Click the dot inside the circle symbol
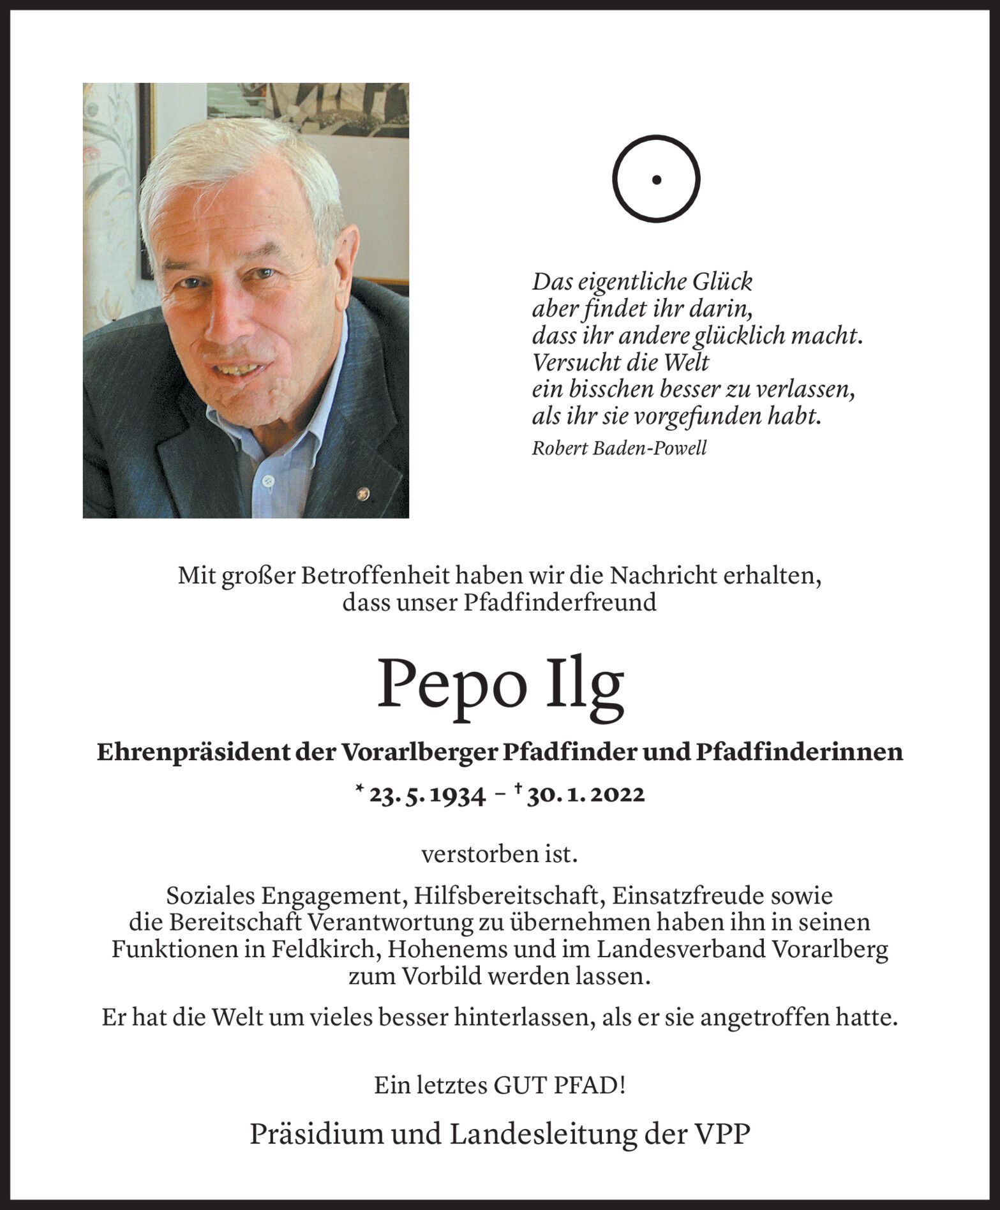[x=656, y=180]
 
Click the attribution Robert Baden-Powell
[x=619, y=448]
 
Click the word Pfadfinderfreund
[x=560, y=602]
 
